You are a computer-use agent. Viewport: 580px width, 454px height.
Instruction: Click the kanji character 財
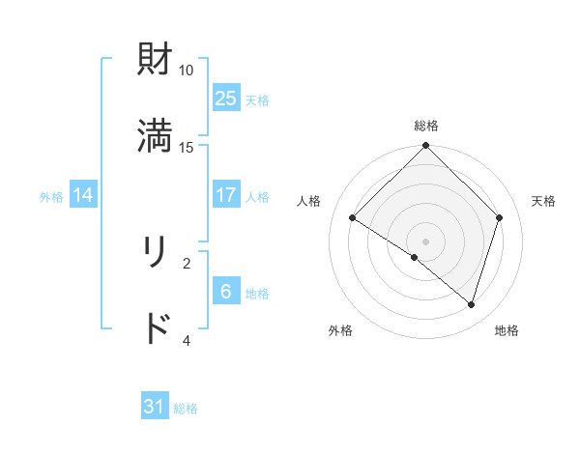pos(156,60)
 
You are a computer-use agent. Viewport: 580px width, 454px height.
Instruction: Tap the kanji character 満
pos(156,136)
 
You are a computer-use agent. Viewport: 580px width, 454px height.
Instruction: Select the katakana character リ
pos(156,252)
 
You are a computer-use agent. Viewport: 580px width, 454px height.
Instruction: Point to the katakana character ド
pos(156,329)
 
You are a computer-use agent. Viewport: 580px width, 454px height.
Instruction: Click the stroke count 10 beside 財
pos(187,71)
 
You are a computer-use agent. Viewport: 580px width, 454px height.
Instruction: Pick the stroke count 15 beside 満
pos(187,147)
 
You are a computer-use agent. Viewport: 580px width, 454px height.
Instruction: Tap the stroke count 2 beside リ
pos(187,263)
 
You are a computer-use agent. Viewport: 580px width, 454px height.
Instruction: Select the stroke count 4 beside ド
pos(187,340)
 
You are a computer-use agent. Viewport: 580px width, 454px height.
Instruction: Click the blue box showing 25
pos(226,98)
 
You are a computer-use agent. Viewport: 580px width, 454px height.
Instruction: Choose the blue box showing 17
pos(226,195)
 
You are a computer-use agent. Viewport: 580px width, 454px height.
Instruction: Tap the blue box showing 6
pos(226,292)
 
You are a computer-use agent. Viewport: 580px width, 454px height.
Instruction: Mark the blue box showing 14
pos(83,195)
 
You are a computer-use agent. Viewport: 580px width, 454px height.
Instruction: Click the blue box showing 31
pos(155,407)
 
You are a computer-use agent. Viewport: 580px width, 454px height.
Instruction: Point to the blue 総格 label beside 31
pos(186,409)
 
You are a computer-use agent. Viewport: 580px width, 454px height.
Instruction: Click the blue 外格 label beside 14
pos(51,197)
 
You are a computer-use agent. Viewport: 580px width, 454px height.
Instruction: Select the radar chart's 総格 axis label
pos(426,126)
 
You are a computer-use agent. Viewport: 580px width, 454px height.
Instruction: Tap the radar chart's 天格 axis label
pos(543,201)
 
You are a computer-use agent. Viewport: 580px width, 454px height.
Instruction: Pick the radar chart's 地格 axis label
pos(507,330)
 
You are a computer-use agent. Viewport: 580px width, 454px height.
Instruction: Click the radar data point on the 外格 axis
pos(415,257)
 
